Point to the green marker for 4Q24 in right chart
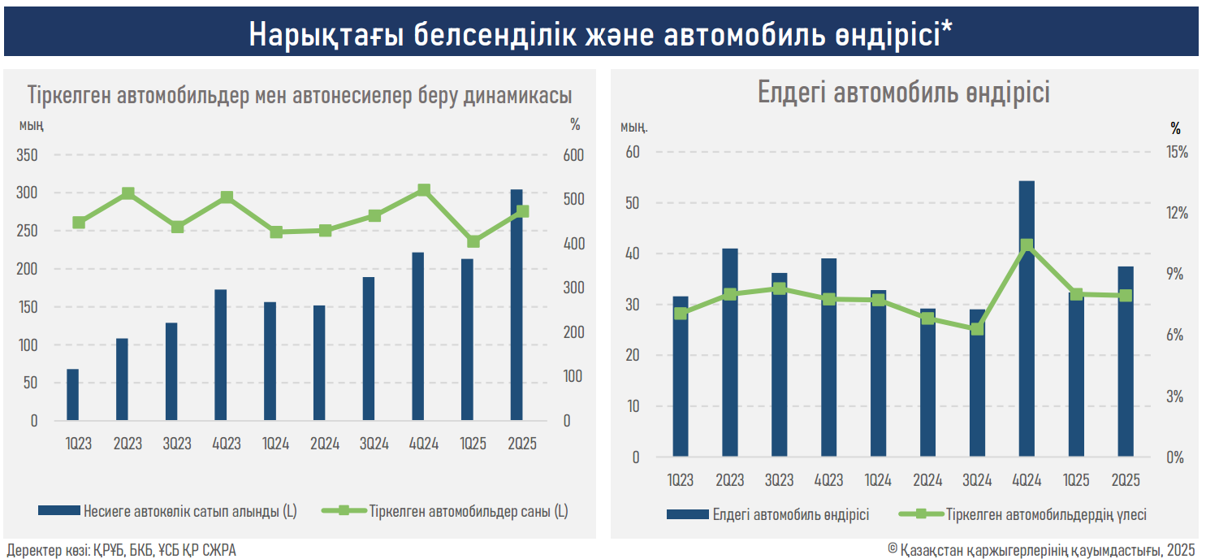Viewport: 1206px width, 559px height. tap(1027, 245)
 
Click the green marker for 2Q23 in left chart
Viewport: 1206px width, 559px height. tap(128, 193)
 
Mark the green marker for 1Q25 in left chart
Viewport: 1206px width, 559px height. tap(473, 241)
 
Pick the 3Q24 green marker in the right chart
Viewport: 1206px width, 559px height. tap(977, 329)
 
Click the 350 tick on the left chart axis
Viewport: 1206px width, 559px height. tap(27, 155)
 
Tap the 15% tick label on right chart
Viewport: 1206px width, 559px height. tap(1176, 152)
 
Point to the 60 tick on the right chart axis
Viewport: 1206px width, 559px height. tap(632, 152)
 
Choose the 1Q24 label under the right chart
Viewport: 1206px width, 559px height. tap(878, 480)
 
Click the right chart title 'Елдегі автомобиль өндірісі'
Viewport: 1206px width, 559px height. tap(903, 92)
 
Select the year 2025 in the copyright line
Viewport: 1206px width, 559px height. tap(1183, 550)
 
